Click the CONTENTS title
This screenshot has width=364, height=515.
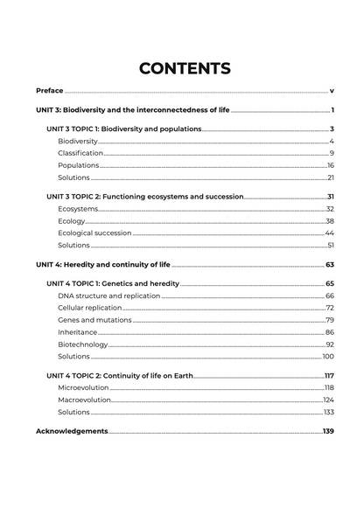185,68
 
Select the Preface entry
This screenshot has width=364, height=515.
49,90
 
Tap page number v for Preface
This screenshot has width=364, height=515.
332,90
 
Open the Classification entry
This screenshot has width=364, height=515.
80,153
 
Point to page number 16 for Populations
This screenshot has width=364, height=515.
331,165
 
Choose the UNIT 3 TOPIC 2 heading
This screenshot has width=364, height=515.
144,197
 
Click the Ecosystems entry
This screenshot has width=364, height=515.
78,209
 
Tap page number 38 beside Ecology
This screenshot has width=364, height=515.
330,221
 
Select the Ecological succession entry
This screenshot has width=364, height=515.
94,233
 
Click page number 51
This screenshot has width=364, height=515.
331,246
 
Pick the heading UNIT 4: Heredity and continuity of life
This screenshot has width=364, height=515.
102,264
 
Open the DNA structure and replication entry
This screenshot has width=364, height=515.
108,296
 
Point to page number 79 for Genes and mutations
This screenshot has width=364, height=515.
330,320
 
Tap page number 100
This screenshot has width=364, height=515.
328,357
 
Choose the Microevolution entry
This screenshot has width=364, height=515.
83,387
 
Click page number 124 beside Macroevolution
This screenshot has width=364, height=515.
329,400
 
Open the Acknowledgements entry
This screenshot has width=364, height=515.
72,431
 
